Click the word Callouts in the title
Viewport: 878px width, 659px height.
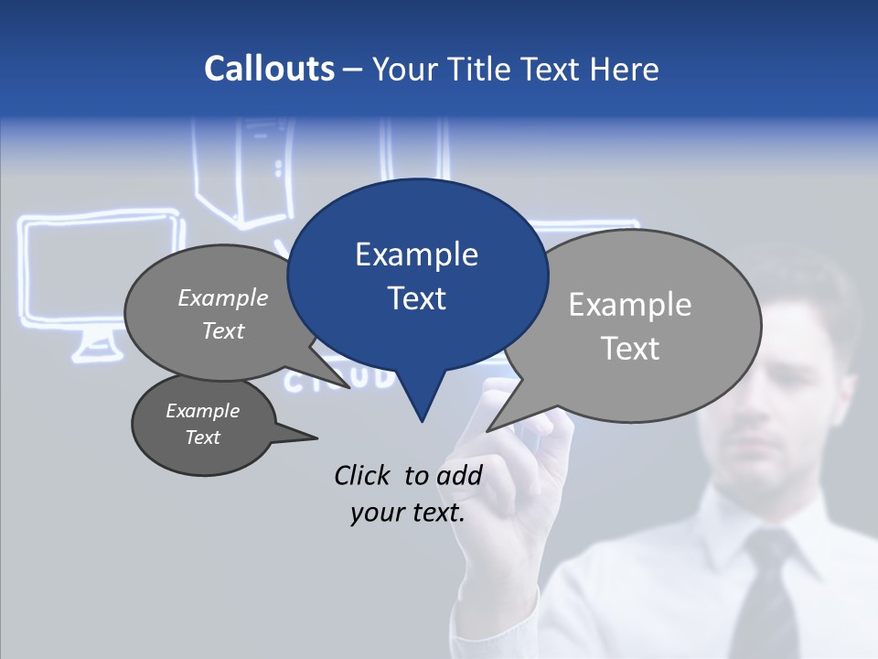(269, 69)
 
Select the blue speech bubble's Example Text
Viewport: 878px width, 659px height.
(416, 276)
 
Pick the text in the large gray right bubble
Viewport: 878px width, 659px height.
(630, 326)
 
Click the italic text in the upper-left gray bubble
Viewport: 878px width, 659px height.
(223, 314)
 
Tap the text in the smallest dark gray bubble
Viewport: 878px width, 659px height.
(202, 424)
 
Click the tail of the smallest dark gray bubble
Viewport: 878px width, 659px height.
(306, 436)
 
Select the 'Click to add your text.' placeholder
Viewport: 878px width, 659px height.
(408, 493)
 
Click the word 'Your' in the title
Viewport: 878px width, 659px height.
(406, 69)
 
